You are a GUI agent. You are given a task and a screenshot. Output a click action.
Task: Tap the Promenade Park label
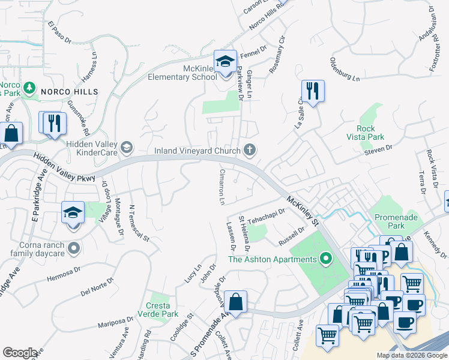click(x=396, y=221)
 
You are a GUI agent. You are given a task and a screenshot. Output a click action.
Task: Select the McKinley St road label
click(x=304, y=210)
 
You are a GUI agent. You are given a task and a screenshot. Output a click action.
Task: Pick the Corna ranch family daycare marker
click(x=73, y=247)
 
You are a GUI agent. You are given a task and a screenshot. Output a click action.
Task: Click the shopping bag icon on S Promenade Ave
click(x=237, y=302)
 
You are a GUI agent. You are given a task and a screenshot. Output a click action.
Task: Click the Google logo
click(x=20, y=353)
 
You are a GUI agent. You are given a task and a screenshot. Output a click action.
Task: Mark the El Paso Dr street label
click(x=60, y=33)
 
